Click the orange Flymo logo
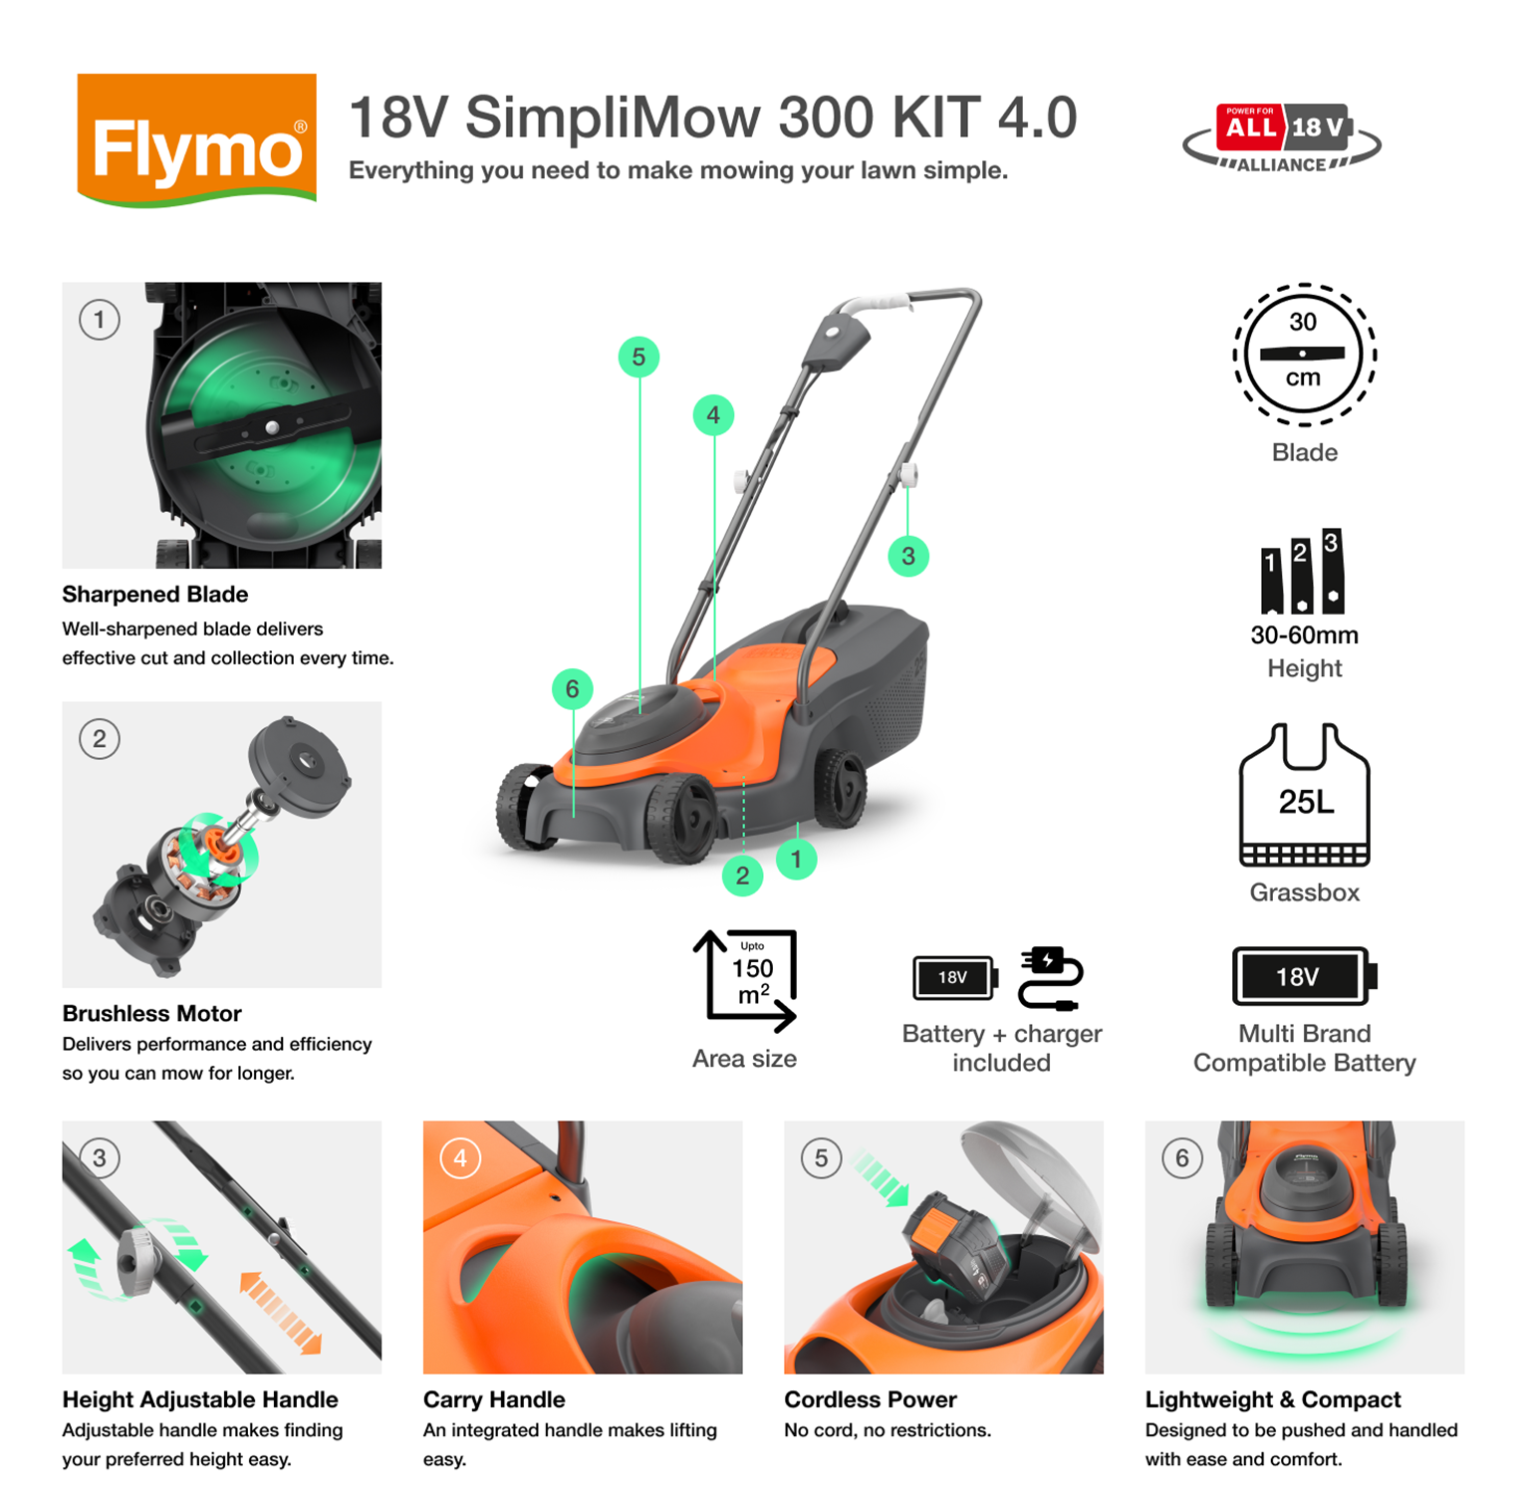(x=196, y=139)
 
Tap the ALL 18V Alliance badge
(x=1282, y=138)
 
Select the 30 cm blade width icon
(x=1304, y=354)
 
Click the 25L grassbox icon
(x=1304, y=796)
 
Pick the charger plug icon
(x=1050, y=978)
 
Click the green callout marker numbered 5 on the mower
(x=638, y=357)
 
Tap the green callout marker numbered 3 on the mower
(x=907, y=556)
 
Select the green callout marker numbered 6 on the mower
(x=572, y=688)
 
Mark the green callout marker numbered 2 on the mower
(x=742, y=876)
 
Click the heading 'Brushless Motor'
(x=151, y=1013)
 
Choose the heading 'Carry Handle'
(x=494, y=1399)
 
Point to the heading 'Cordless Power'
(x=870, y=1399)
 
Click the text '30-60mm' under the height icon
(x=1304, y=634)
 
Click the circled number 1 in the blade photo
(x=99, y=320)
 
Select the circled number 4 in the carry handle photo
(x=460, y=1158)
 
